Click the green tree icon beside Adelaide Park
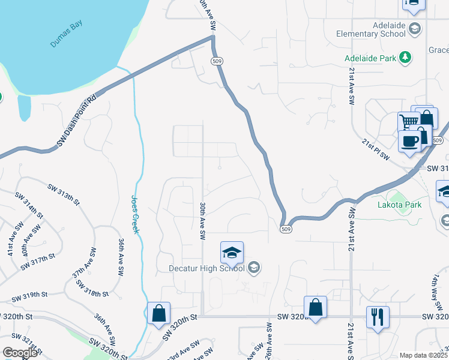(406, 58)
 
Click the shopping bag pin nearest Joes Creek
(158, 313)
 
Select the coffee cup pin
(410, 141)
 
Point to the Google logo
(20, 353)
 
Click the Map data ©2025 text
(423, 355)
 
